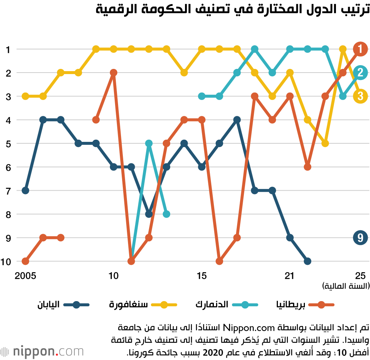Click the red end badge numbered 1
[x=360, y=49]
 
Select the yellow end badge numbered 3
[x=360, y=96]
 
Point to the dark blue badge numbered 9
[x=360, y=237]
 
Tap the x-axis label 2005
[x=26, y=276]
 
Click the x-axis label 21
[x=290, y=276]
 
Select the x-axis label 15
[x=202, y=276]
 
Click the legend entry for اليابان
[x=63, y=305]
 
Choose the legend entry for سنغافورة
[x=142, y=305]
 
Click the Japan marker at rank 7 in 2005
[x=26, y=190]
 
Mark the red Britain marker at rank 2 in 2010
[x=114, y=73]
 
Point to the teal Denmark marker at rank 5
[x=149, y=143]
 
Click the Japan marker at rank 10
[x=307, y=261]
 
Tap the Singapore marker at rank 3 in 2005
[x=26, y=96]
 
